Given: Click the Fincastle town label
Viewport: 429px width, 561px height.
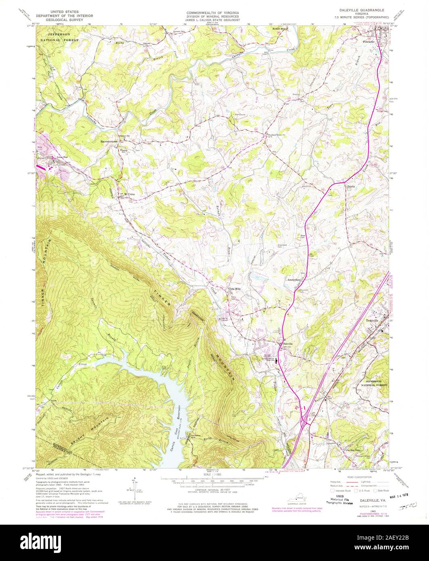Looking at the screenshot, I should tap(368, 41).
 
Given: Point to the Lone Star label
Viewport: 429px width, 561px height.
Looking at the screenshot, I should tap(60, 157).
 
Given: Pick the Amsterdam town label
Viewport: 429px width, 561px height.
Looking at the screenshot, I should tap(295, 279).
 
